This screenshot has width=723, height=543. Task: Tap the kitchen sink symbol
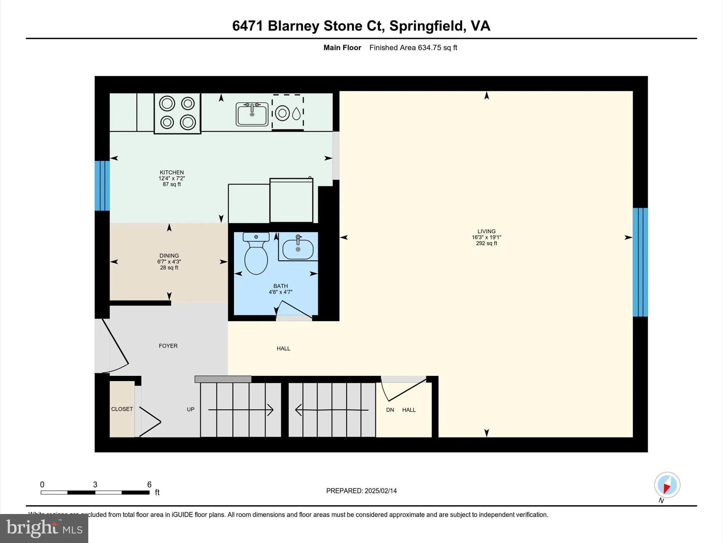[252, 114]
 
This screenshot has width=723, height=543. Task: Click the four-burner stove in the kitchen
[177, 113]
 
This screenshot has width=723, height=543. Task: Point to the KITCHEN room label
[172, 173]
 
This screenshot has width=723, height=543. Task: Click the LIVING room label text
[486, 231]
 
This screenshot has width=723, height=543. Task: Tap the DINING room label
[169, 256]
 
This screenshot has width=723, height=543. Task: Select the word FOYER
[168, 346]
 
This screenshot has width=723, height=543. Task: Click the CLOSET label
[122, 409]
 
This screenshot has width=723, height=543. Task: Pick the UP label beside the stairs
[191, 409]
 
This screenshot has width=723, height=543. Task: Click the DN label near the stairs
[390, 410]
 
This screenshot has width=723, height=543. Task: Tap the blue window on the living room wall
[640, 262]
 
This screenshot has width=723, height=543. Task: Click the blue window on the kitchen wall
[102, 186]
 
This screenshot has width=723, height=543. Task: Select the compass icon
[667, 485]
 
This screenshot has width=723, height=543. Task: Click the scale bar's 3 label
[95, 485]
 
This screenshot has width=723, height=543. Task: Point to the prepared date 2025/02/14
[380, 491]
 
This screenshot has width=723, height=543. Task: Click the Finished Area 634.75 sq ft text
[413, 47]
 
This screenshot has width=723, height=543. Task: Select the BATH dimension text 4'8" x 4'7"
[280, 292]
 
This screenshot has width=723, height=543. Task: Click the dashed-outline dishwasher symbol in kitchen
[288, 113]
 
